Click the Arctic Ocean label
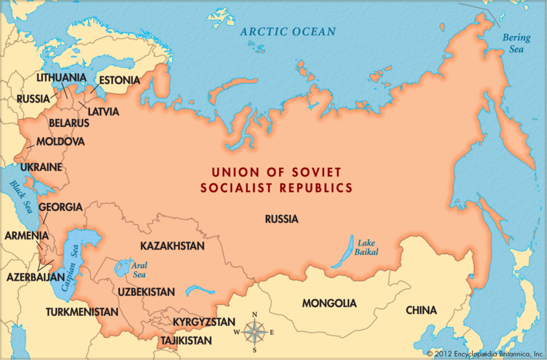point(288,32)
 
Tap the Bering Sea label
point(513,43)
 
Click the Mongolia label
point(329,304)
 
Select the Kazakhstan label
point(172,246)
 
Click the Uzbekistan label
point(146,292)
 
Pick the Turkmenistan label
point(82,312)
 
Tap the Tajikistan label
point(186,340)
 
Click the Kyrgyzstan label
point(204,323)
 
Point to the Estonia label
point(119,80)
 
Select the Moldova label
point(60,142)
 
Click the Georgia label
point(60,207)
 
